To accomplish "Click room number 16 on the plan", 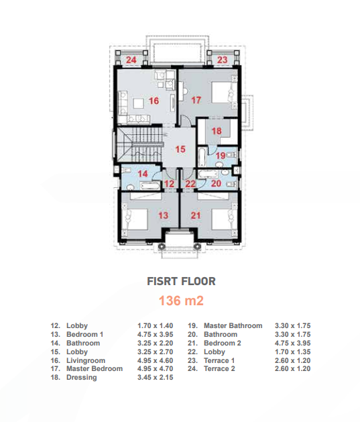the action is coord(154,101).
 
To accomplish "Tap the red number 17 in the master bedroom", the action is coord(196,100).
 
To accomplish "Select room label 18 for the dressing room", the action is coord(217,131).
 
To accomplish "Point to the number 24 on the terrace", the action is coord(131,60).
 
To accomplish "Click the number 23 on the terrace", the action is coord(223,60).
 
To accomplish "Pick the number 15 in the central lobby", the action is coord(180,149).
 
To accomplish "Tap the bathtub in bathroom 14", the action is coord(150,185).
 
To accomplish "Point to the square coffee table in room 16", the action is coord(139,103).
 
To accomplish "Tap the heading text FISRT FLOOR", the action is coord(181,282).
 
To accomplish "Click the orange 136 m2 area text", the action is coord(181,301).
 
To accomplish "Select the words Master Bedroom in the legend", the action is coord(95,369).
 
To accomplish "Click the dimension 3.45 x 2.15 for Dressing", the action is coord(155,377).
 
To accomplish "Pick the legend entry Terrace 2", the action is coord(219,369).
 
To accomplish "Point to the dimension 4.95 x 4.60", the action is coord(155,360).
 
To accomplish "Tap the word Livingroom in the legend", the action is coord(86,361).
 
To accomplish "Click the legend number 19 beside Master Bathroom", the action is coord(192,325).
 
